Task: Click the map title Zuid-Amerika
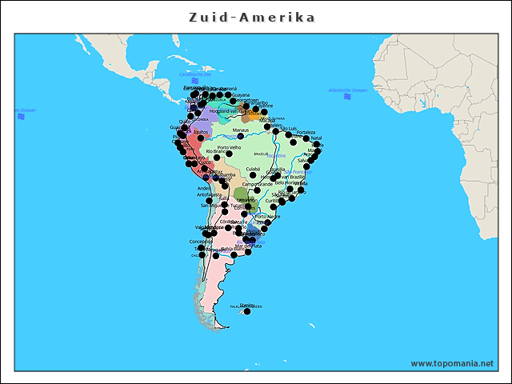(251, 18)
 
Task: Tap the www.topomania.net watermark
(451, 363)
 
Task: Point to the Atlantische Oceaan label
(346, 90)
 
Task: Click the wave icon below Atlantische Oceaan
(347, 97)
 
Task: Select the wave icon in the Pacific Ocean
(22, 117)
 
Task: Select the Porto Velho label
(229, 147)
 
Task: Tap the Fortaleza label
(306, 132)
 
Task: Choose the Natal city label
(316, 138)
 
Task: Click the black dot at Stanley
(246, 310)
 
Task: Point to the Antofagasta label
(209, 194)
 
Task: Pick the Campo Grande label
(258, 184)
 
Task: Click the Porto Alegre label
(267, 216)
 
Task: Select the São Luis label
(288, 129)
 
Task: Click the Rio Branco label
(217, 151)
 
